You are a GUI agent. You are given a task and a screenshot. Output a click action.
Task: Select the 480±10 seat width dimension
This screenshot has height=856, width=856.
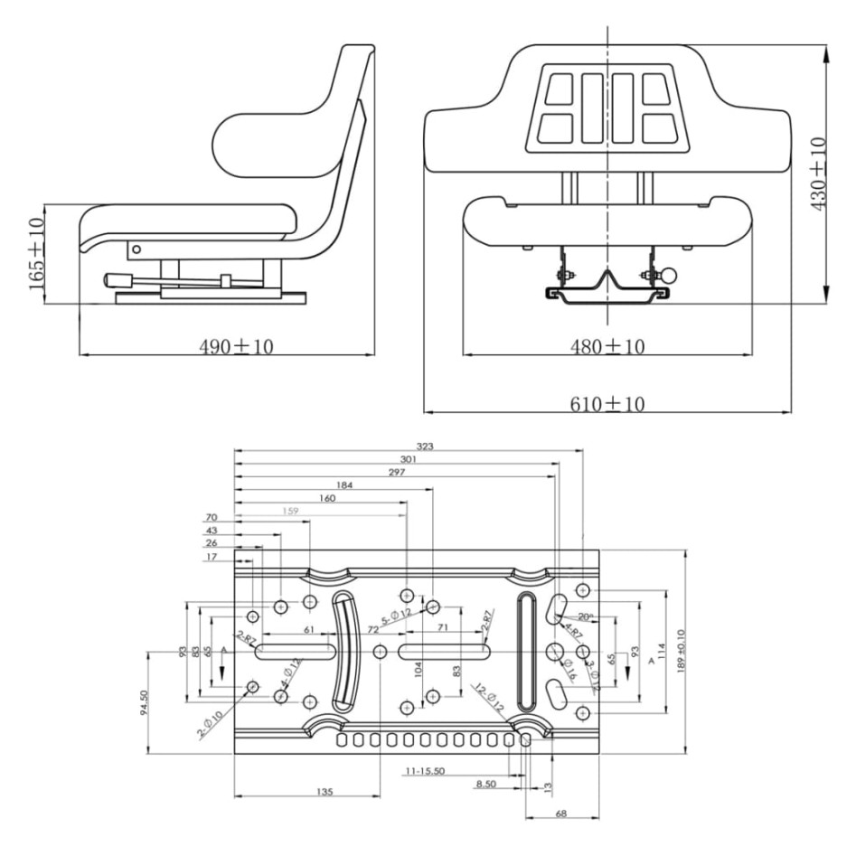[x=607, y=347]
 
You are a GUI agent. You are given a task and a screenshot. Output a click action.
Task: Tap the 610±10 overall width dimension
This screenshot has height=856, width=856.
[x=607, y=403]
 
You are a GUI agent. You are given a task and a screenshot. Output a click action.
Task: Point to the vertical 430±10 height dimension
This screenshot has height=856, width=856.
[x=819, y=174]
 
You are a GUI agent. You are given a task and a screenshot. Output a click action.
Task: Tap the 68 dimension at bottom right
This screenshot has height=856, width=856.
[x=561, y=814]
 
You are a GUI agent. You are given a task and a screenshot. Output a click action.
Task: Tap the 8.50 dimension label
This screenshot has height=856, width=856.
[x=486, y=784]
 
